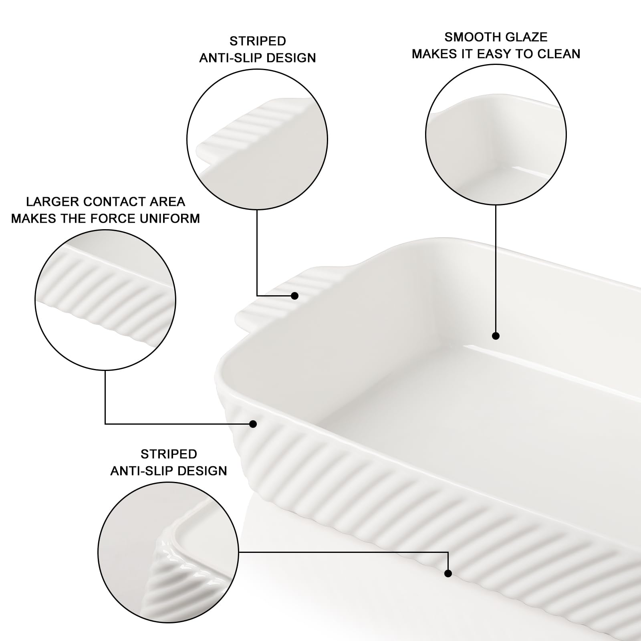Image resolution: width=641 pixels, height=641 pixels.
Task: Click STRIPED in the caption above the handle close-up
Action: pyautogui.click(x=258, y=41)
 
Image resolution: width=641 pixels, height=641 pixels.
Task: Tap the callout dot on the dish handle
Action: pyautogui.click(x=295, y=296)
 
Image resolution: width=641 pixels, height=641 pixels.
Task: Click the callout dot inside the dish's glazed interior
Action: pyautogui.click(x=496, y=336)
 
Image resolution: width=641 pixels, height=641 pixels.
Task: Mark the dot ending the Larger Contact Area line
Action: pyautogui.click(x=253, y=424)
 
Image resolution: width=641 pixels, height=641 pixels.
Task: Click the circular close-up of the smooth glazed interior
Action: pyautogui.click(x=496, y=135)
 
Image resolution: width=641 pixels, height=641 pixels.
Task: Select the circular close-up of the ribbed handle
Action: pyautogui.click(x=257, y=139)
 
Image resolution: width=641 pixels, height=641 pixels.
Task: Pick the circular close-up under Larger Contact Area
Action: pyautogui.click(x=105, y=300)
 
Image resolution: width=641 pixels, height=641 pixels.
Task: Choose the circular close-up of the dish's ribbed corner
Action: pyautogui.click(x=168, y=552)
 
